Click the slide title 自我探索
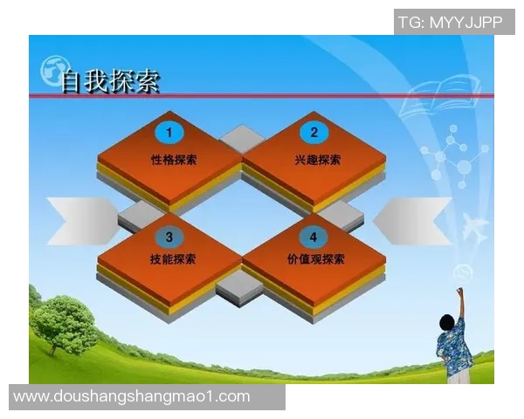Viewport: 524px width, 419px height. pyautogui.click(x=110, y=81)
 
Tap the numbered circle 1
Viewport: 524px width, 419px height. pyautogui.click(x=169, y=133)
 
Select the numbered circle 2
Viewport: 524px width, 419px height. pyautogui.click(x=314, y=133)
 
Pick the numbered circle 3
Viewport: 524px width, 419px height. pyautogui.click(x=169, y=236)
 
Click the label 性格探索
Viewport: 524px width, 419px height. pyautogui.click(x=173, y=160)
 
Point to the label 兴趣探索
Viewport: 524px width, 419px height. pyautogui.click(x=318, y=160)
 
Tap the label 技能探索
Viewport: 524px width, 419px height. pyautogui.click(x=173, y=259)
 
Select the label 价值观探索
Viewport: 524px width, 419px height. pyautogui.click(x=316, y=259)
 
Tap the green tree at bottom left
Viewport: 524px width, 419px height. pyautogui.click(x=63, y=323)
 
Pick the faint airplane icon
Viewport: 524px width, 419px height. pyautogui.click(x=475, y=229)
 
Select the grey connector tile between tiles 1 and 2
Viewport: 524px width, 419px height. pyautogui.click(x=242, y=138)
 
